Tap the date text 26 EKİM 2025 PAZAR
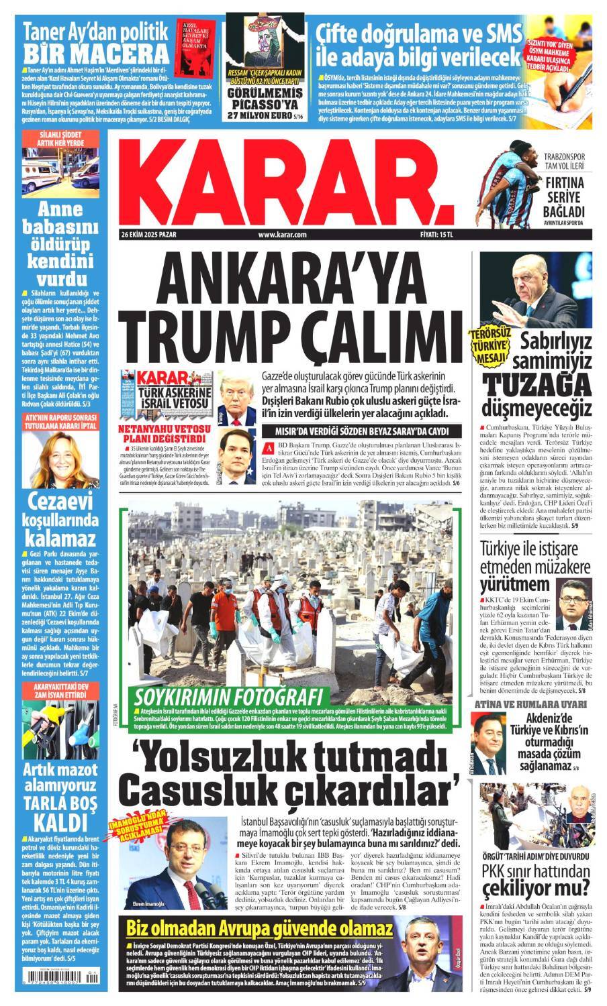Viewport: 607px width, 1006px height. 149,235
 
